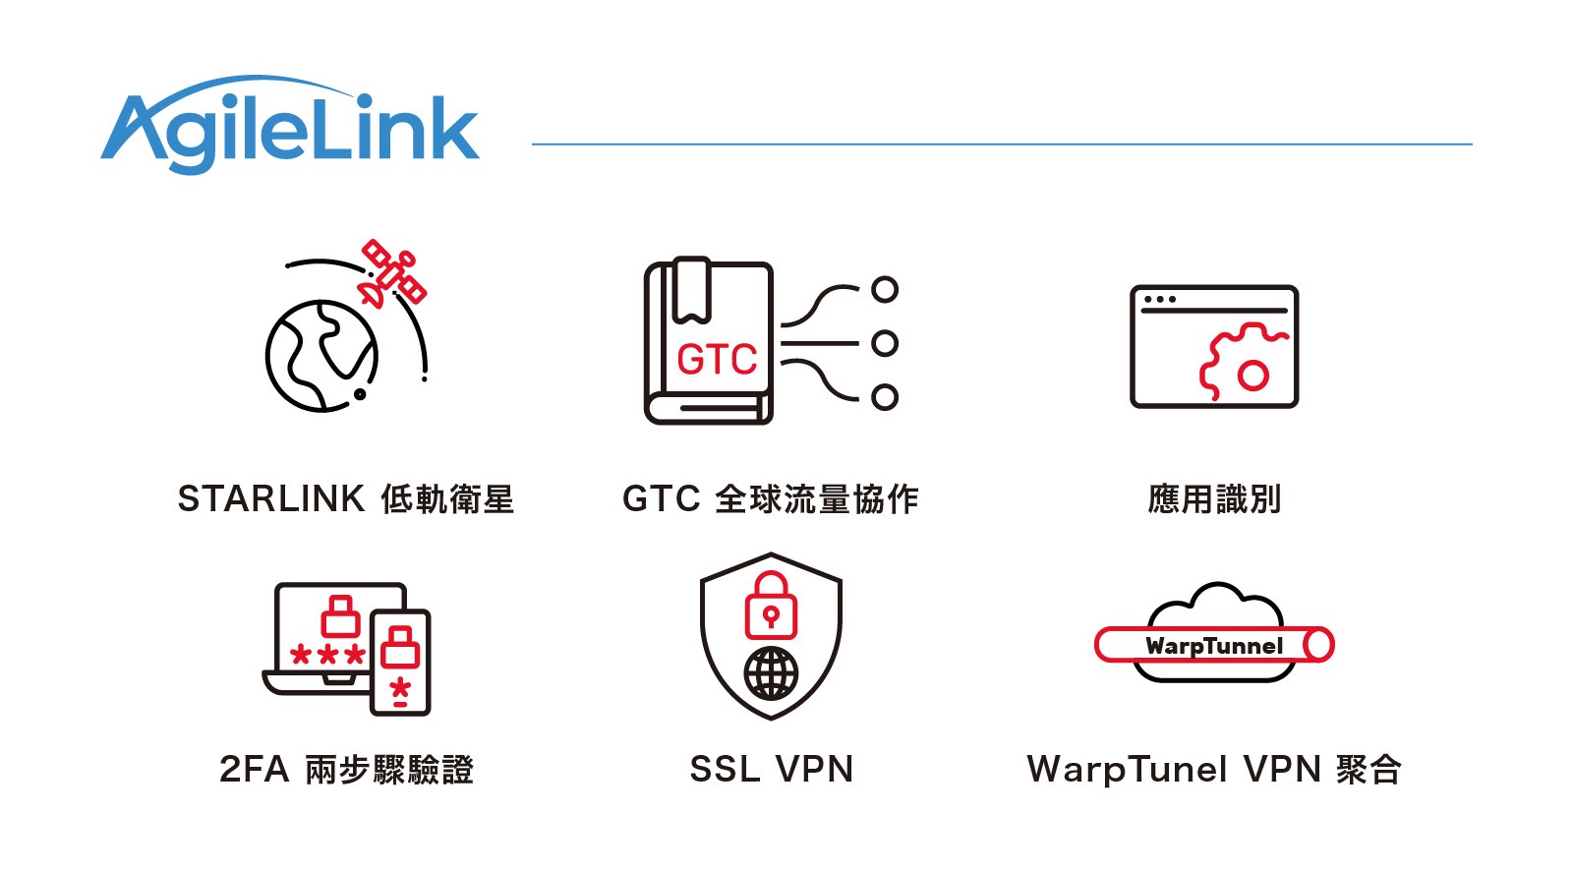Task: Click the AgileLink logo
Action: pyautogui.click(x=290, y=128)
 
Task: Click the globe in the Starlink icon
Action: pyautogui.click(x=320, y=355)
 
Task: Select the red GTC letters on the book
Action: pyautogui.click(x=717, y=360)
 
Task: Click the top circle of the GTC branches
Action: pyautogui.click(x=885, y=289)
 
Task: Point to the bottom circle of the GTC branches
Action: pyautogui.click(x=885, y=397)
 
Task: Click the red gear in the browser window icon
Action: pyautogui.click(x=1241, y=363)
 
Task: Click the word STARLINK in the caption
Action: pyautogui.click(x=271, y=499)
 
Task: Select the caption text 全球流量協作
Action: pyautogui.click(x=817, y=499)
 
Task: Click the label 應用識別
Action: pyautogui.click(x=1214, y=499)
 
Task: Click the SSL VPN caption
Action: pyautogui.click(x=772, y=770)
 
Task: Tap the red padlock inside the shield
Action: pyautogui.click(x=772, y=607)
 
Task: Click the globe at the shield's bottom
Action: pyautogui.click(x=772, y=673)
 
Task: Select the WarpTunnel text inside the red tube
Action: pyautogui.click(x=1214, y=646)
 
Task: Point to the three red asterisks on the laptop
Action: pyautogui.click(x=328, y=655)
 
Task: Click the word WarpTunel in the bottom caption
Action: pyautogui.click(x=1127, y=770)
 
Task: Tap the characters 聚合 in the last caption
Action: pyautogui.click(x=1369, y=770)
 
